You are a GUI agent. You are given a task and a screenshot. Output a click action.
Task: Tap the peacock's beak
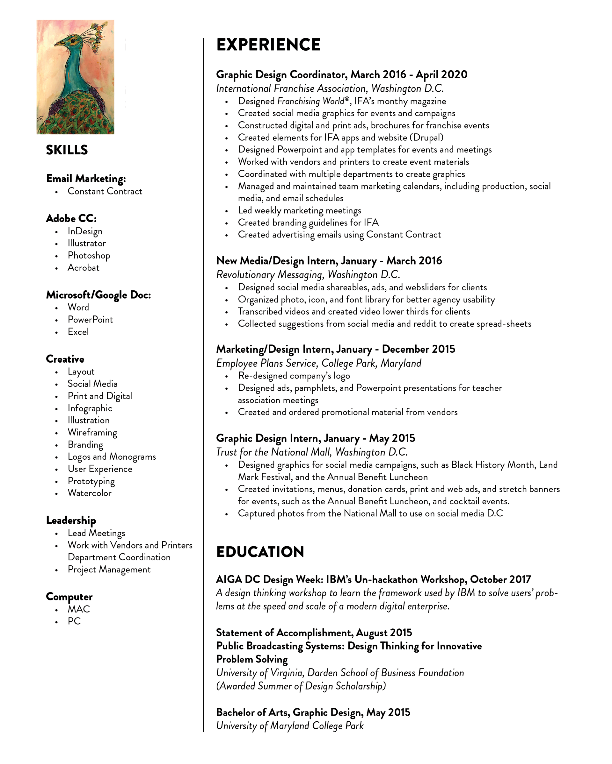click(x=59, y=44)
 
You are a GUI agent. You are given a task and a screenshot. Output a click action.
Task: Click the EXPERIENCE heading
click(x=268, y=45)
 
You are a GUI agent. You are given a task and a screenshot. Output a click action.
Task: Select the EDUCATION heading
click(x=260, y=552)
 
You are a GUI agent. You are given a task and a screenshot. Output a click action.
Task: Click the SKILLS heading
click(x=67, y=150)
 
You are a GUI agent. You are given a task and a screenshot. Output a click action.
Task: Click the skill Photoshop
click(x=89, y=256)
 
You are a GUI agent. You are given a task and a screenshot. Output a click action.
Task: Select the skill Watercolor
click(x=89, y=493)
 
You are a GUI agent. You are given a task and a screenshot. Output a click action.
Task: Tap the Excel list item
click(x=78, y=332)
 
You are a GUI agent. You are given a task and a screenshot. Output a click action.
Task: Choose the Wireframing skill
click(x=92, y=432)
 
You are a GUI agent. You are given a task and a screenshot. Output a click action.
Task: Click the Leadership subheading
click(x=71, y=520)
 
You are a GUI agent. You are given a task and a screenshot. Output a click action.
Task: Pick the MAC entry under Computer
click(x=79, y=609)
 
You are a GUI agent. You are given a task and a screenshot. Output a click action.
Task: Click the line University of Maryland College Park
click(x=290, y=726)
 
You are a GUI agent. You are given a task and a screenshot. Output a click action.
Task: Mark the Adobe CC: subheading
click(x=71, y=218)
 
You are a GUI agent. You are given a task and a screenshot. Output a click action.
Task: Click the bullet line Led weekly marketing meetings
click(x=299, y=210)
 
